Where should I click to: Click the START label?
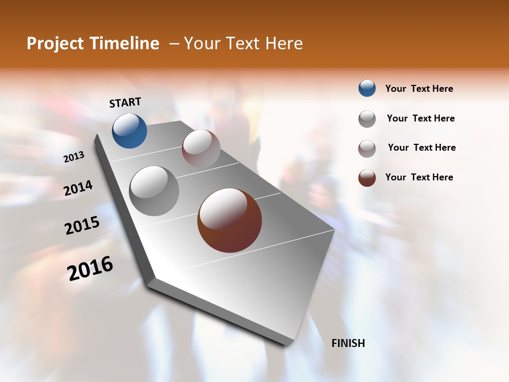click(x=125, y=102)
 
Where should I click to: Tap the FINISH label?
click(x=348, y=343)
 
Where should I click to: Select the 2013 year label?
click(x=74, y=157)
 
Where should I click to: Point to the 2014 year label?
click(x=78, y=188)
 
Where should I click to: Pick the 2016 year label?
click(x=90, y=268)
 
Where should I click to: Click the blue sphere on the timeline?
click(x=129, y=131)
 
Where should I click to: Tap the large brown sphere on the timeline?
click(x=230, y=220)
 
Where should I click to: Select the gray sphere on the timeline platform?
click(x=154, y=191)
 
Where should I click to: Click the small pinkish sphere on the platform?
click(x=201, y=149)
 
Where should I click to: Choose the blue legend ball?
click(x=367, y=89)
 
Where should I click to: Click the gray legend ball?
click(x=367, y=119)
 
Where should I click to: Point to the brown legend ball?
click(x=367, y=178)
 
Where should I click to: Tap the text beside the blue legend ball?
click(x=419, y=89)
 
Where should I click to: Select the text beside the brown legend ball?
click(x=419, y=177)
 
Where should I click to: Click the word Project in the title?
click(x=55, y=44)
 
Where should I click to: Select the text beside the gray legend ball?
click(x=420, y=118)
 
